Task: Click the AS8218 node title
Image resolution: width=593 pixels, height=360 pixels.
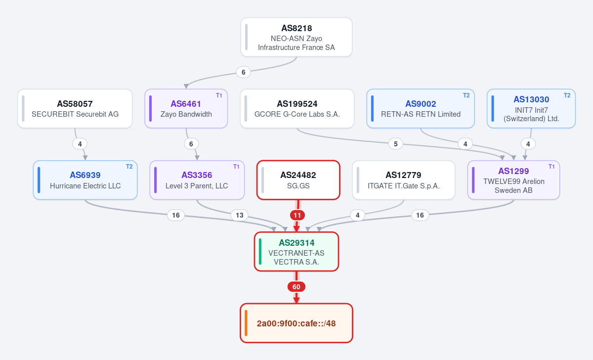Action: tap(296, 28)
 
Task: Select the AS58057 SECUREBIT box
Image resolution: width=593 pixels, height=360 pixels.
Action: tap(75, 109)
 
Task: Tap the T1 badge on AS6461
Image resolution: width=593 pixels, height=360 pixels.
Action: tap(219, 95)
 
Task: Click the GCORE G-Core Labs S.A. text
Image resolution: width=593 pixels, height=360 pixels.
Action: tap(297, 114)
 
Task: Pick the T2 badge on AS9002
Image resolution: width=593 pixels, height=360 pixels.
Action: tap(466, 95)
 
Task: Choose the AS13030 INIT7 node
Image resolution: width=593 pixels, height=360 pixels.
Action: tap(531, 109)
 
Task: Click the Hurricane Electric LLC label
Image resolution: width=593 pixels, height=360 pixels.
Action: tap(85, 186)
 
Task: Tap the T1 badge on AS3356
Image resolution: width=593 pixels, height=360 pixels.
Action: tap(236, 167)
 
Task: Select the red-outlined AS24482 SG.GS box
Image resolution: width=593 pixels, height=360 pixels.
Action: tap(298, 180)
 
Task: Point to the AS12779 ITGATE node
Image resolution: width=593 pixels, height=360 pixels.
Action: tap(403, 180)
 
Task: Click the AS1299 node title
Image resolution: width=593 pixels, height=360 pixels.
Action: tap(513, 171)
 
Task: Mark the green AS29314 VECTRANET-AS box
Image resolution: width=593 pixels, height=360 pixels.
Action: tap(296, 251)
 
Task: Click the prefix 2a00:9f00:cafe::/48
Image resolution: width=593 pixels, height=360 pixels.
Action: tap(296, 323)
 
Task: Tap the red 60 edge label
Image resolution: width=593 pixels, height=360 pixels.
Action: tap(296, 287)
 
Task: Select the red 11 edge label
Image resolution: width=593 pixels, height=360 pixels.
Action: tap(297, 215)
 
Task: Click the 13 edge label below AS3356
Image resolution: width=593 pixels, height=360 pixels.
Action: tap(240, 215)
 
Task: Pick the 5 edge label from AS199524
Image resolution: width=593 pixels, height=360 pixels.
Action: tap(395, 144)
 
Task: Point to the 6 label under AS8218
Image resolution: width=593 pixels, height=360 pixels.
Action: tap(243, 72)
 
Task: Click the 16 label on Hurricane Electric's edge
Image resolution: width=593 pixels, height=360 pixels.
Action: tap(176, 215)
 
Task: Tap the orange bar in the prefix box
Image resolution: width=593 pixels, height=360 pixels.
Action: tap(246, 323)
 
